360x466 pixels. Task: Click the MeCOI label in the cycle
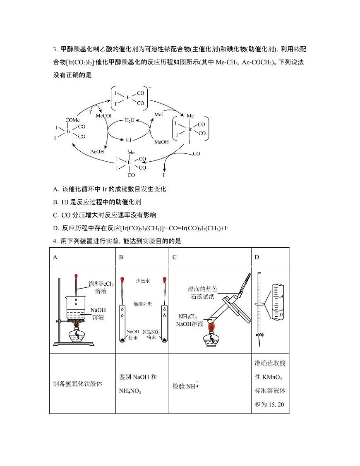[x=104, y=116]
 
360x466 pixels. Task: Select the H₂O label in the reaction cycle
[x=130, y=120]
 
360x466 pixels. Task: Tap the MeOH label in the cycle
[x=161, y=142]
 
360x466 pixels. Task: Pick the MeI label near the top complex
[x=159, y=114]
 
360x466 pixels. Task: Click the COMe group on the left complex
[x=72, y=120]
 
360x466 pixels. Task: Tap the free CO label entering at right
[x=196, y=153]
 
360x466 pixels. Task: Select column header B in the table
[x=121, y=257]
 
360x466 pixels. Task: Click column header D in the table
[x=257, y=257]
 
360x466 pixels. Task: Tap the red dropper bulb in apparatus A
[x=76, y=276]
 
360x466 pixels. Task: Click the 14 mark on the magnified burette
[x=281, y=296]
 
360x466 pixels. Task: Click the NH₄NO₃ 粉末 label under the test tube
[x=151, y=335]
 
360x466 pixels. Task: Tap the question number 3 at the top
[x=55, y=49]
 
